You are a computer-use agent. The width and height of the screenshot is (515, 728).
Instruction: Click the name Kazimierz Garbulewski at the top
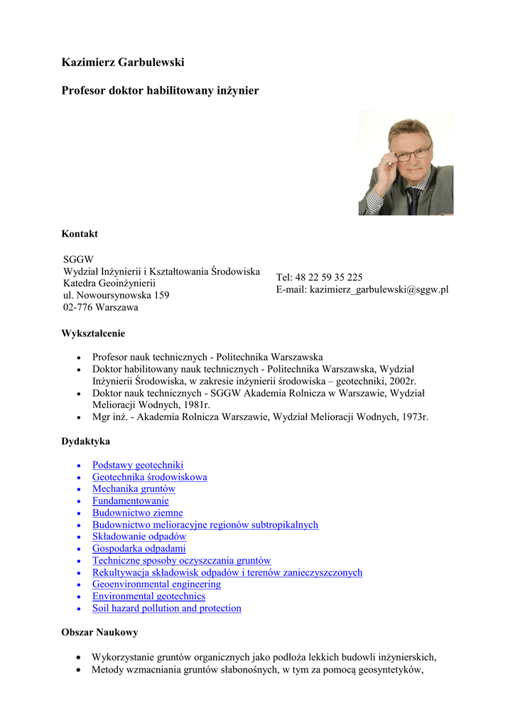coord(123,63)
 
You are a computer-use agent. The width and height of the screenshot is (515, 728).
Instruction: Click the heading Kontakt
coord(80,234)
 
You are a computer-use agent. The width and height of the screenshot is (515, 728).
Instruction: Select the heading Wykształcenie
coord(93,333)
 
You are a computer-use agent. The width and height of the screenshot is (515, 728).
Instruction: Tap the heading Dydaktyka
coord(85,441)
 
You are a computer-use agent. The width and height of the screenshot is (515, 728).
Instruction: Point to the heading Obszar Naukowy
coord(99,632)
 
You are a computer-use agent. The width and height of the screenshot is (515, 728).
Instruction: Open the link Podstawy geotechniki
coord(138,465)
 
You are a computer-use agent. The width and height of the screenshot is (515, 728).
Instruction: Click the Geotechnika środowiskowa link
coord(150,477)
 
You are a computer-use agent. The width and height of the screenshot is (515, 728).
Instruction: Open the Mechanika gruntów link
coord(134,489)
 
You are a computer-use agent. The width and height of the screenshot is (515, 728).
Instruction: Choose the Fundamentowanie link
coord(131,501)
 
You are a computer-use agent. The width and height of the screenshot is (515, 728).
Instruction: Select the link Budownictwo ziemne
coord(138,513)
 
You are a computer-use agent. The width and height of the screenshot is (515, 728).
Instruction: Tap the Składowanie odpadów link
coord(139,537)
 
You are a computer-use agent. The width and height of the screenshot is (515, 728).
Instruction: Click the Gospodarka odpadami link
coord(139,549)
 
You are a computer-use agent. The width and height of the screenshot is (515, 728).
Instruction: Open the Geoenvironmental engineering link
coord(156,584)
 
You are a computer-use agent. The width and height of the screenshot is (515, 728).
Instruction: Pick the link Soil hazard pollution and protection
coord(167,609)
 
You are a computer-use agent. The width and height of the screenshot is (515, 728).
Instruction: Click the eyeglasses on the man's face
coord(414,152)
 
